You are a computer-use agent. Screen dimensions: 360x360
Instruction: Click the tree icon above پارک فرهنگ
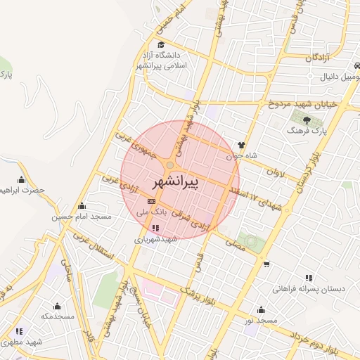click(x=307, y=120)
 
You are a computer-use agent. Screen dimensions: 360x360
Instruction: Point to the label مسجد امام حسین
click(x=81, y=217)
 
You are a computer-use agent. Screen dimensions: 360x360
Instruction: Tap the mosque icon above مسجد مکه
click(x=57, y=306)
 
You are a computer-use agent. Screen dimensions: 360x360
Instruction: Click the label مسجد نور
click(x=258, y=320)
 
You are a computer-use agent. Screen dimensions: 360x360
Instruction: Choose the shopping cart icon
click(x=266, y=264)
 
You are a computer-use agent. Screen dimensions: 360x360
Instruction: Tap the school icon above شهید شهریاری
click(x=155, y=228)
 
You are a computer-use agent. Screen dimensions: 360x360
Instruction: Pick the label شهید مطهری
click(x=23, y=341)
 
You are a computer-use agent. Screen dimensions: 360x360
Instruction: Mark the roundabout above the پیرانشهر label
click(x=169, y=165)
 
